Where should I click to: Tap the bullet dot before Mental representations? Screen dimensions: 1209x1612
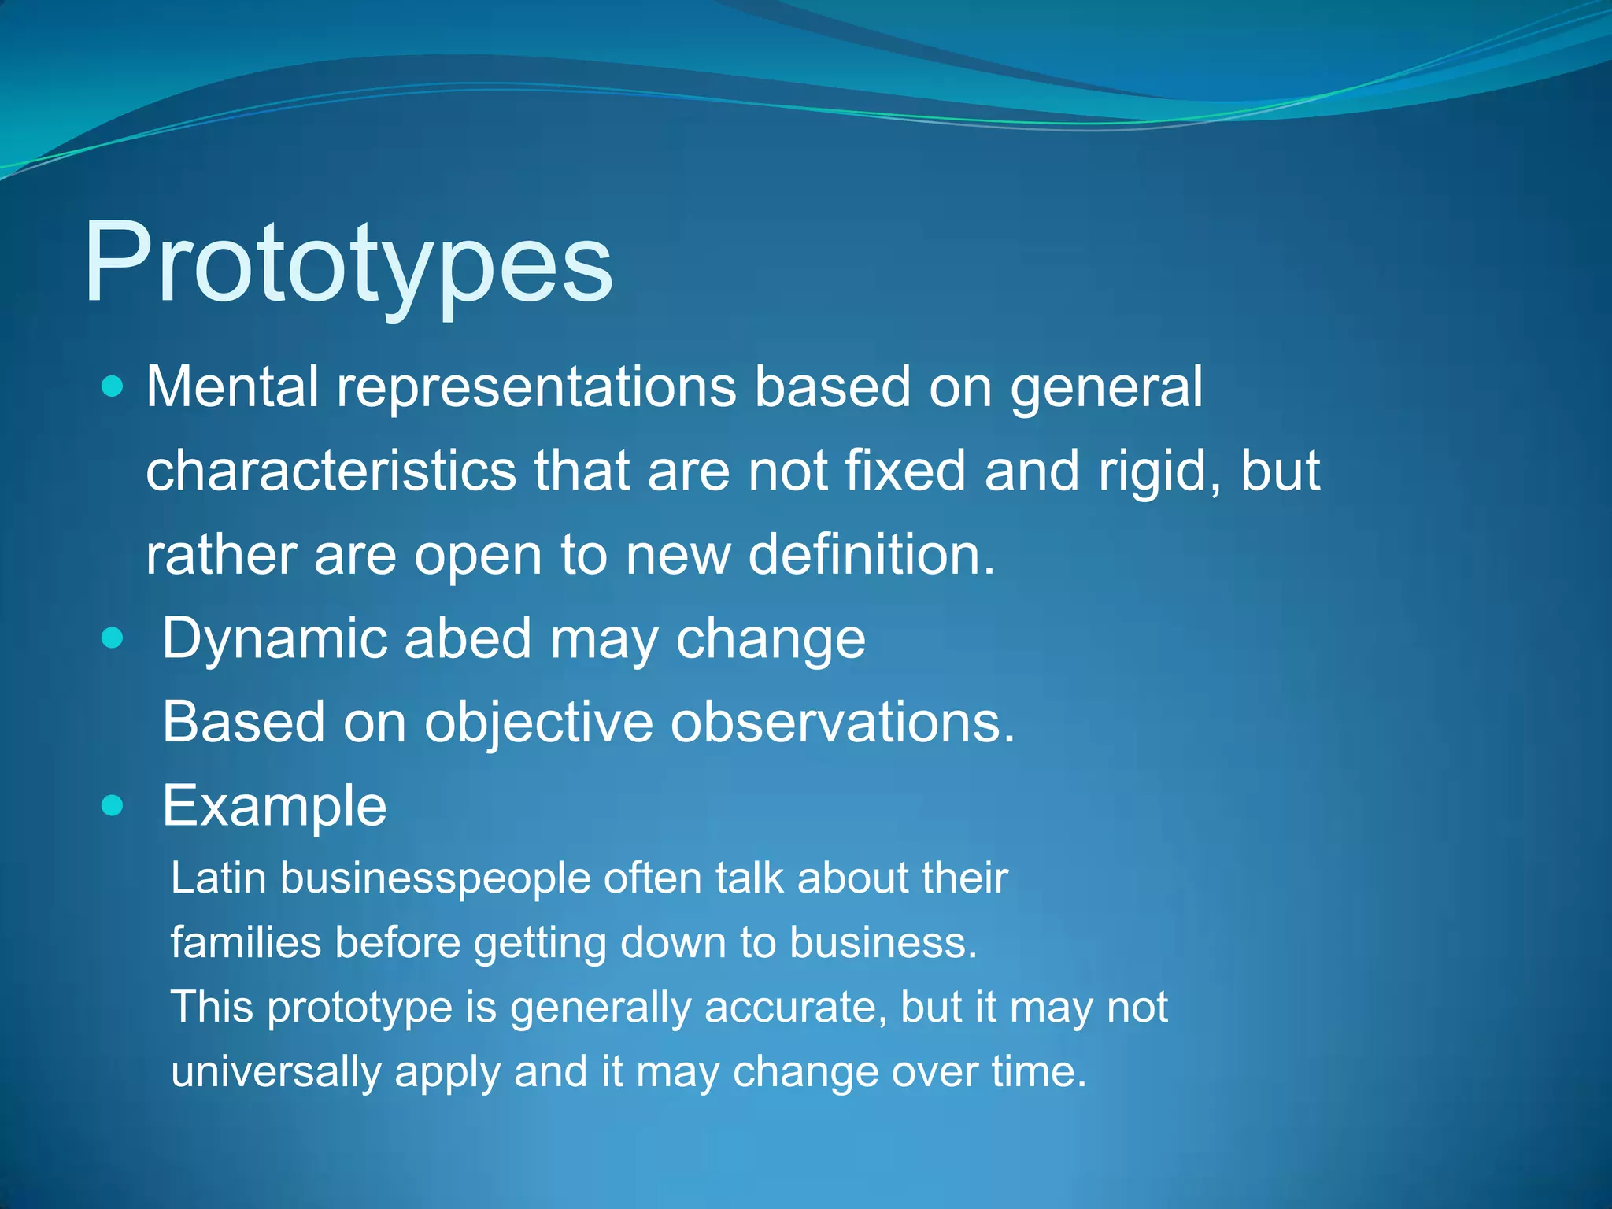tap(113, 386)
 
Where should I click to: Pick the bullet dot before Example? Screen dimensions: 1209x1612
tap(113, 805)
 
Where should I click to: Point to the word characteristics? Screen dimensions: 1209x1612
tap(331, 471)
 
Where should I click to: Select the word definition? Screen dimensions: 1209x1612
tap(871, 554)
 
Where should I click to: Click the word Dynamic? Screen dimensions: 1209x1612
tap(274, 639)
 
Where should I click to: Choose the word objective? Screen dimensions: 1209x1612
tap(538, 723)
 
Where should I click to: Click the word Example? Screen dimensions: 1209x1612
tap(274, 807)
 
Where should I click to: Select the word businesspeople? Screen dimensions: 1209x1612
tap(435, 879)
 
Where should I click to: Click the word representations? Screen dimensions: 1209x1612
tap(537, 388)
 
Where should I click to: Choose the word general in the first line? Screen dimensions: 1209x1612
tap(1106, 388)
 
